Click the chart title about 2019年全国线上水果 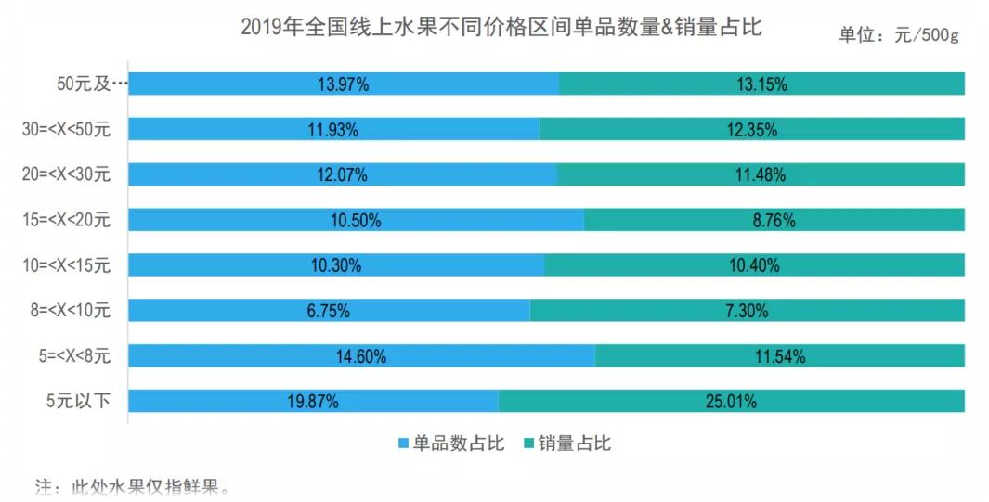pyautogui.click(x=501, y=27)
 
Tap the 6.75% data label pyautogui.click(x=328, y=311)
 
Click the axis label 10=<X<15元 pyautogui.click(x=66, y=266)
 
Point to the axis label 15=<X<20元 pyautogui.click(x=66, y=221)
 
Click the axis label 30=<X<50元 pyautogui.click(x=66, y=130)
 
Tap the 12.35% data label pyautogui.click(x=751, y=130)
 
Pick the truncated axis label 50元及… pyautogui.click(x=91, y=84)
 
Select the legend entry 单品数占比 pyautogui.click(x=451, y=444)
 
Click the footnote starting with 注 pyautogui.click(x=131, y=486)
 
